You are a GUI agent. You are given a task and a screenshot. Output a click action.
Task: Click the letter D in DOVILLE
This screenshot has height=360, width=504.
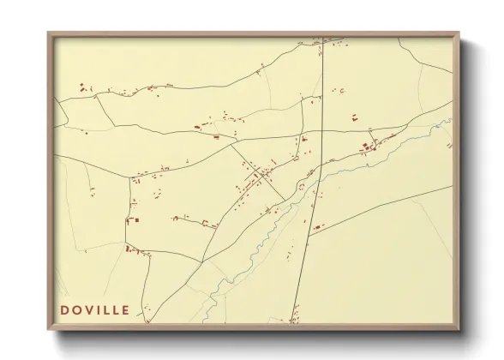[x=64, y=309]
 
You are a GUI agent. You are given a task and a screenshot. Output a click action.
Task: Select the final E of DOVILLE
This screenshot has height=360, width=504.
[x=125, y=309]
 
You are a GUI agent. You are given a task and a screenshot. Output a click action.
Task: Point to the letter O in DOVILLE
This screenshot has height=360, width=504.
[x=77, y=309]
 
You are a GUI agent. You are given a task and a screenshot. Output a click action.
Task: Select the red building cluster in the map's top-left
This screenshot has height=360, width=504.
[x=84, y=87]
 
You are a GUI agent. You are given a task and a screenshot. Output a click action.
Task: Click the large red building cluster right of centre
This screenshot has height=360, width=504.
[x=370, y=147]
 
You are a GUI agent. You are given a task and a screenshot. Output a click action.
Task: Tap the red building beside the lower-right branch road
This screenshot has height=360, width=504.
[x=319, y=226]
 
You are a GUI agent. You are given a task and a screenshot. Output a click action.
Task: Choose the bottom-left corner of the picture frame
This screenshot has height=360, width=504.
[x=50, y=328]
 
